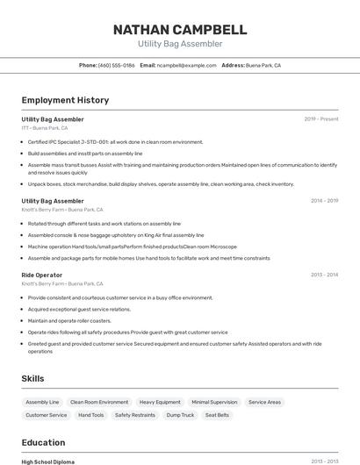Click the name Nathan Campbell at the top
coord(179,30)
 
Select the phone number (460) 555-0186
coord(117,65)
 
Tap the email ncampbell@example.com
coord(186,65)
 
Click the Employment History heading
coord(65,101)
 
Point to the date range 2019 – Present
coord(321,119)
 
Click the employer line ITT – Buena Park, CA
coord(45,128)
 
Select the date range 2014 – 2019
coord(324,201)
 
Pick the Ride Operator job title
coord(42,275)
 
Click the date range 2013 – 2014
coord(324,275)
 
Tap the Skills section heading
coord(33,378)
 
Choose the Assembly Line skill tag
coord(42,402)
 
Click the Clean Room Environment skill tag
coord(99,402)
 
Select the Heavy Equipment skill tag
coord(160,402)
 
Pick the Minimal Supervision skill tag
coord(214,402)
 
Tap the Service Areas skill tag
coord(264,402)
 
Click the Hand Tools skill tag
coord(91,415)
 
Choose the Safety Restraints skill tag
coord(134,415)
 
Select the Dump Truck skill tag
coord(180,415)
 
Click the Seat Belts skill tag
coord(217,415)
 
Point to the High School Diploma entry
coord(48,461)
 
